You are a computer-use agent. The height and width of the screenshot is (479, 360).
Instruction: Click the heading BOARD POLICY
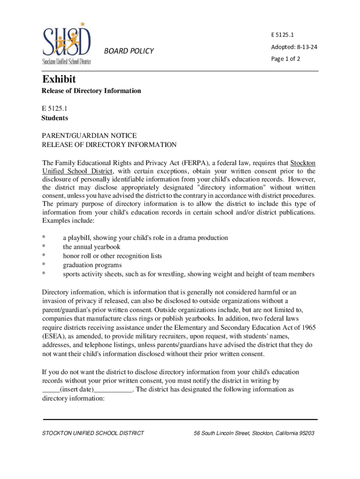click(x=129, y=51)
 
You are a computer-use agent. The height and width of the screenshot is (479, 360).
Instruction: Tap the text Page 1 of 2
click(x=286, y=59)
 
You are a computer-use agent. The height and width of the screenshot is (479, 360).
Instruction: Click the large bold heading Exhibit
click(x=59, y=79)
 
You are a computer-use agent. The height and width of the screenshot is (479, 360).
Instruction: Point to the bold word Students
click(x=55, y=118)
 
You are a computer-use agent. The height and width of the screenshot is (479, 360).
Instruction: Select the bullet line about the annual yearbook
click(x=92, y=247)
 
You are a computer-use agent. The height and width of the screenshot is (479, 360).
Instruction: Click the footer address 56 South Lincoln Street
click(x=223, y=433)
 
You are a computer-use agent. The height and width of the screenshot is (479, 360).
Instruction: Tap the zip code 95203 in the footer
click(x=306, y=433)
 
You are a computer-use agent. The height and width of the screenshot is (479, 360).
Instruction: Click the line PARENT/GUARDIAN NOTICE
click(x=89, y=136)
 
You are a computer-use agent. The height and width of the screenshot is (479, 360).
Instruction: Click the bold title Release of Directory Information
click(x=91, y=91)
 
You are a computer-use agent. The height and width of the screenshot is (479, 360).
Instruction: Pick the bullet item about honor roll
click(x=112, y=256)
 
